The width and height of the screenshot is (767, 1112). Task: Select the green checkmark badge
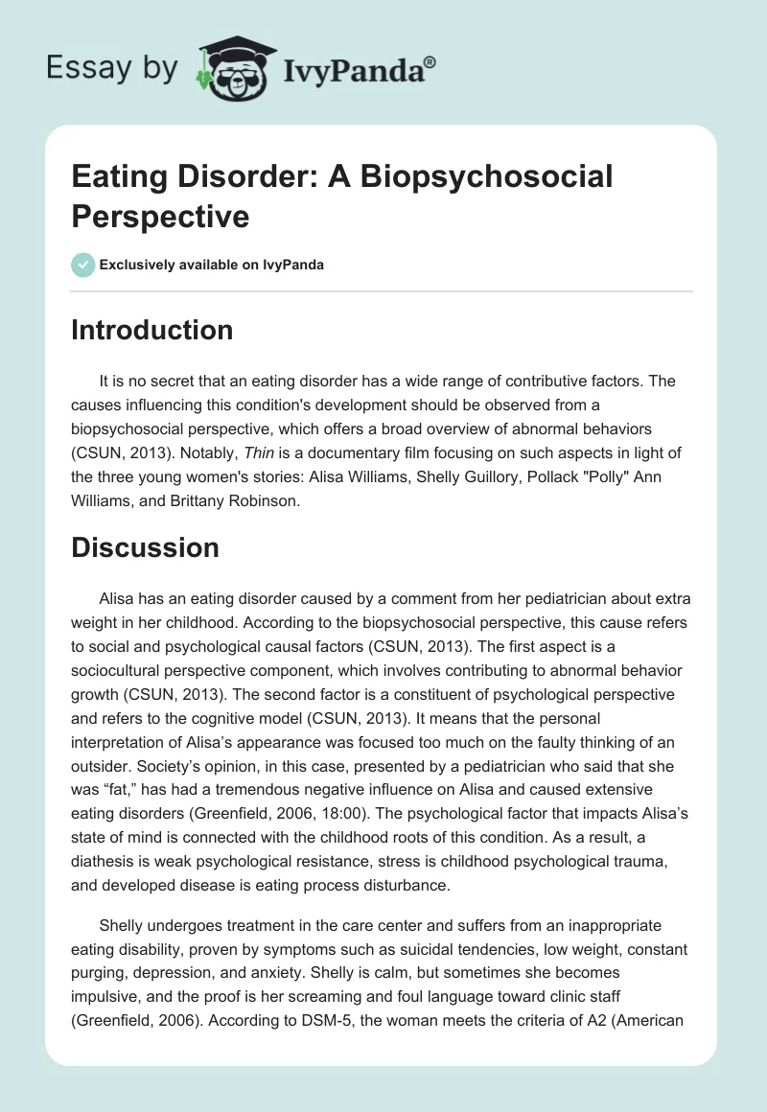83,265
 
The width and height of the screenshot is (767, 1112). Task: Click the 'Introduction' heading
152,330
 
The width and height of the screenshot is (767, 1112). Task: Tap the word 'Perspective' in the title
160,216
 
